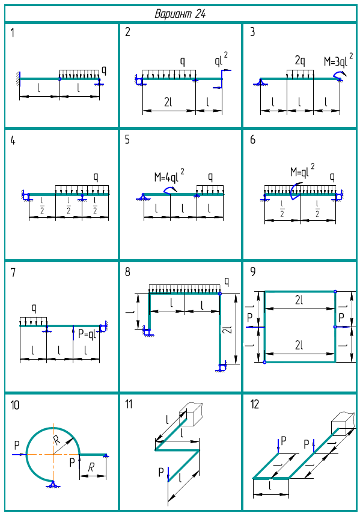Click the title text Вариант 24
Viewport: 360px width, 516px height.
[180, 14]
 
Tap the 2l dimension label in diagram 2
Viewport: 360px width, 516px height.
[168, 102]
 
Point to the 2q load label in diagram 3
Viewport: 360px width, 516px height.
[300, 61]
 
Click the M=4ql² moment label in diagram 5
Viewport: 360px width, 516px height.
[169, 176]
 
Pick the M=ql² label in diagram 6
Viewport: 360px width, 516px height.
[302, 170]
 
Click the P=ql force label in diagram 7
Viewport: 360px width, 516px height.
[87, 334]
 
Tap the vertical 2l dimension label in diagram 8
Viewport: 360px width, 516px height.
[228, 330]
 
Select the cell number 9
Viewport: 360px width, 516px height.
[253, 272]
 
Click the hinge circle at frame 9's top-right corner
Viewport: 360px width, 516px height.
[335, 291]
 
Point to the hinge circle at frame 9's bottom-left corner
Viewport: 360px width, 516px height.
[264, 362]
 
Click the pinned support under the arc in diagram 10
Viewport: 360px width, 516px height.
[52, 484]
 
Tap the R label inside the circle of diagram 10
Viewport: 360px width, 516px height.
[57, 440]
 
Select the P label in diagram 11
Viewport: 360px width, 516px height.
[161, 472]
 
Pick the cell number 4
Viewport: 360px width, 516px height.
[13, 141]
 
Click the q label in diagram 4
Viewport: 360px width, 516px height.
[96, 177]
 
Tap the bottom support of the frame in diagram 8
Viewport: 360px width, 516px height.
[221, 367]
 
